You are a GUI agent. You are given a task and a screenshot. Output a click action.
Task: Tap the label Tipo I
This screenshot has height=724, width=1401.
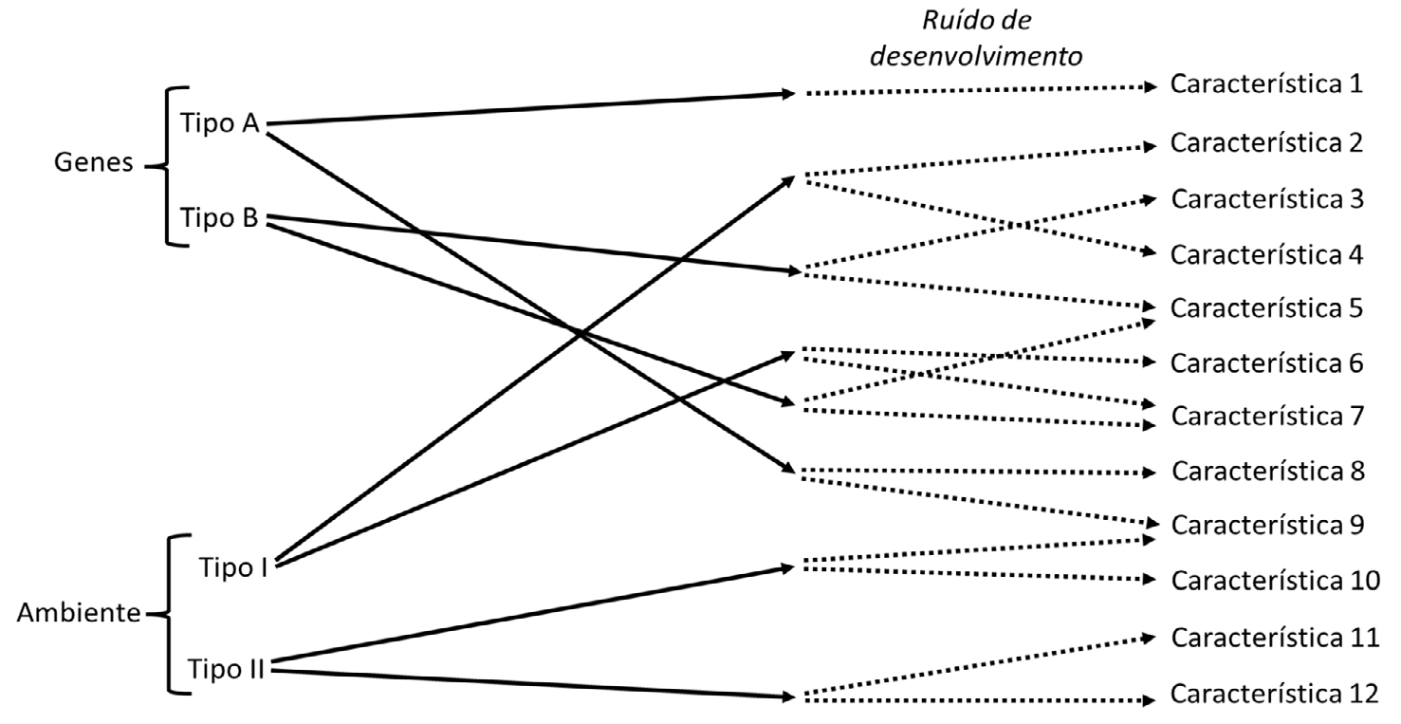point(232,566)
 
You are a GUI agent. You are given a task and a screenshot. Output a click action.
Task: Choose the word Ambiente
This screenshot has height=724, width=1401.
point(78,613)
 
